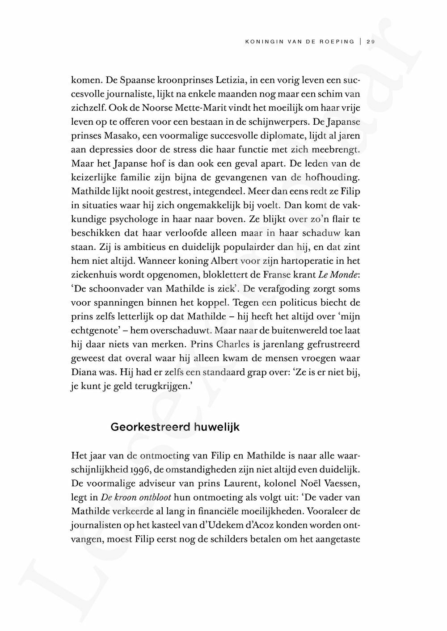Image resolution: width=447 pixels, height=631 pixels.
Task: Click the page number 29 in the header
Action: point(370,42)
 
